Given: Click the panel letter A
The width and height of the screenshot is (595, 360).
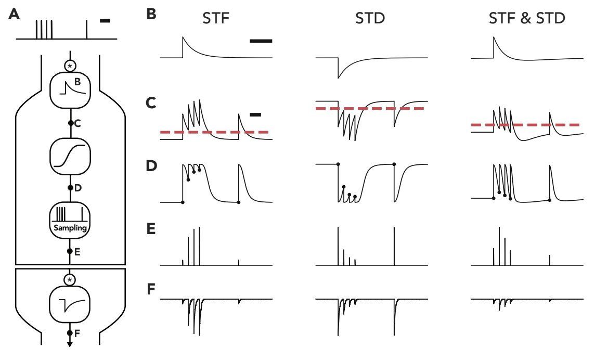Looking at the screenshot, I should (x=15, y=15).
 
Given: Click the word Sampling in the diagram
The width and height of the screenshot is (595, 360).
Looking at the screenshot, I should (x=70, y=228).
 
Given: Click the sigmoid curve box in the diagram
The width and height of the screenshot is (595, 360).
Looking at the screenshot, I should (x=70, y=155).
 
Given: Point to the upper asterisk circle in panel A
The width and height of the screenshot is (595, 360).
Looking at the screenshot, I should (x=70, y=66).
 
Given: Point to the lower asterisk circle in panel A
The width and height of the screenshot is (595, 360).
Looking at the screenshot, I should (x=70, y=280).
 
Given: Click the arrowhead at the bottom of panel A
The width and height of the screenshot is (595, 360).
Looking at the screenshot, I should (x=70, y=343).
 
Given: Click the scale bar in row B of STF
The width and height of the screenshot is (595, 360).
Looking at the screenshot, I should (x=261, y=40).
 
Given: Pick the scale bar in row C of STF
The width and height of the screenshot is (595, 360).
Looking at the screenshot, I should (x=255, y=114).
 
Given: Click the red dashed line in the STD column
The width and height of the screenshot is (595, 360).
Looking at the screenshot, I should (x=370, y=108).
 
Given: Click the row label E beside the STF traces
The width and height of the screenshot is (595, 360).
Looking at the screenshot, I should (x=151, y=229).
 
